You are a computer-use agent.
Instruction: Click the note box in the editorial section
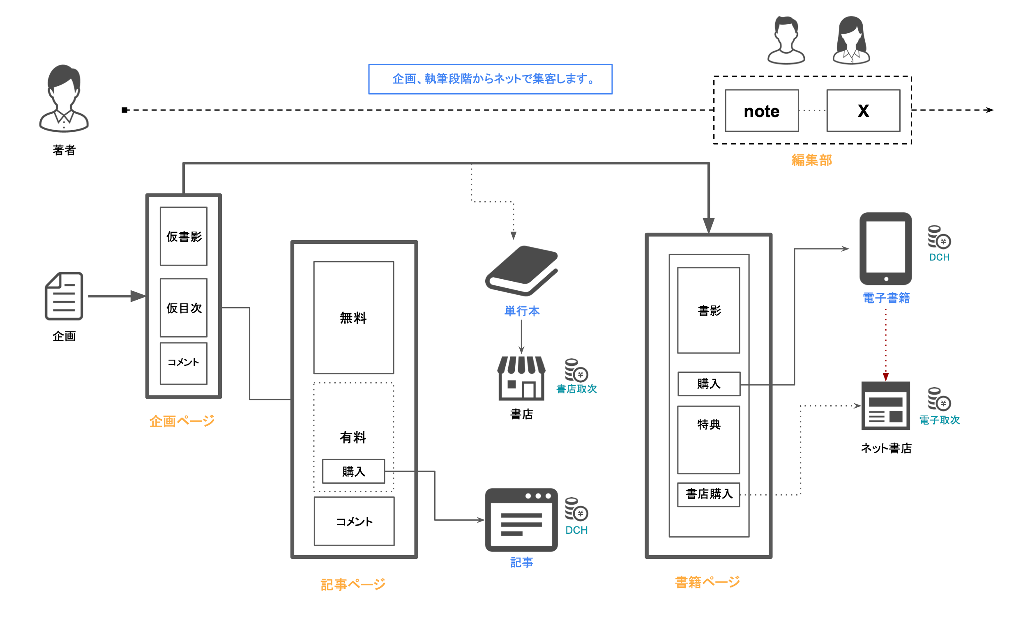click(x=761, y=111)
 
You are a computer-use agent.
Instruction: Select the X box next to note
click(x=863, y=111)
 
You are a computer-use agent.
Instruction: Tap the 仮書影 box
click(x=184, y=236)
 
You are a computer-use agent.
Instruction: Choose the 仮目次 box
click(x=184, y=308)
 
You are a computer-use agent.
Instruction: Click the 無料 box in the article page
click(x=353, y=317)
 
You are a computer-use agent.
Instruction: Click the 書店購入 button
click(x=708, y=494)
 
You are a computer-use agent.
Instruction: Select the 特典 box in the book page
click(x=708, y=440)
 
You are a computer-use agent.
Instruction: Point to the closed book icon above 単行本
click(x=521, y=271)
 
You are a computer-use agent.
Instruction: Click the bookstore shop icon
click(x=521, y=378)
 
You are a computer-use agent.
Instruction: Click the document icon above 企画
click(x=64, y=296)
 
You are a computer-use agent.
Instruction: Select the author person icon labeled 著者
click(x=64, y=99)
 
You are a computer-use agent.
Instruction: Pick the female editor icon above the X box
click(x=851, y=40)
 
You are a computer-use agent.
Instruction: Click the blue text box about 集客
click(x=490, y=79)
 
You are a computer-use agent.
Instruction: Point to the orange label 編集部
click(x=811, y=160)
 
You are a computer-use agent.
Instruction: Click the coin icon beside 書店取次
click(x=576, y=370)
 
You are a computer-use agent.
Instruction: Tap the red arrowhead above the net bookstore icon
click(x=886, y=377)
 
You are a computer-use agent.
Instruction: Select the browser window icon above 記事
click(x=521, y=520)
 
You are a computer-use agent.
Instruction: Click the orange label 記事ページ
click(x=353, y=585)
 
